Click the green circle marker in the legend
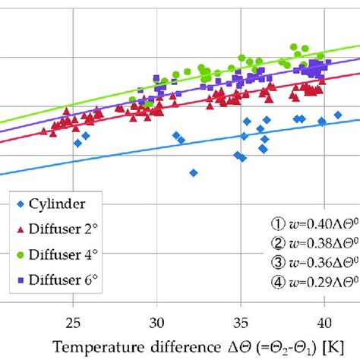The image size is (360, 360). [x=20, y=254]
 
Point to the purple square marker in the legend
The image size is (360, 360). [x=20, y=280]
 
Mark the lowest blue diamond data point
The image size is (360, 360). [x=194, y=173]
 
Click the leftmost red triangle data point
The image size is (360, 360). [x=44, y=131]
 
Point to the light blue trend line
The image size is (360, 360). [x=114, y=154]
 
